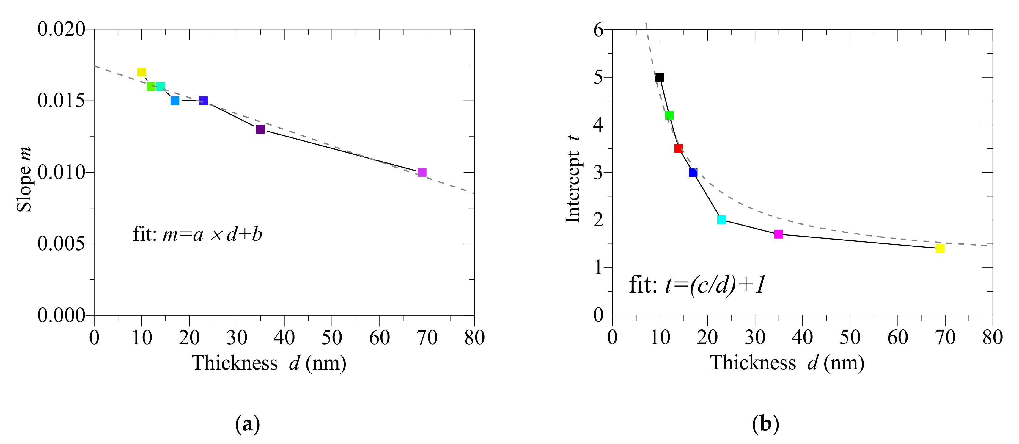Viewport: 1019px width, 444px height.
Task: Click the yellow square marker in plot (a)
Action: pyautogui.click(x=141, y=72)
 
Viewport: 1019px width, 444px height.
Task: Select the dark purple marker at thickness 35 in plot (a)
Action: pyautogui.click(x=260, y=129)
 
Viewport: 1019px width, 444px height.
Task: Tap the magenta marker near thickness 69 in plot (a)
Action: pyautogui.click(x=422, y=172)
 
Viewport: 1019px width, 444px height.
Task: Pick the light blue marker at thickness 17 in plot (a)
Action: pyautogui.click(x=175, y=101)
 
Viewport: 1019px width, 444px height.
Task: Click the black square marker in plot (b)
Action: pyautogui.click(x=659, y=77)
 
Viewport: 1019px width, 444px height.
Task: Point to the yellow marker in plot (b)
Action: pyautogui.click(x=940, y=248)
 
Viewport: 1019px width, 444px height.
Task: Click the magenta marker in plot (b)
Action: pyautogui.click(x=779, y=234)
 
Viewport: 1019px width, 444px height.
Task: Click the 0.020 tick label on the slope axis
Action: pyautogui.click(x=61, y=29)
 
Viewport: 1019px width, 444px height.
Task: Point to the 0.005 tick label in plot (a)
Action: pyautogui.click(x=61, y=244)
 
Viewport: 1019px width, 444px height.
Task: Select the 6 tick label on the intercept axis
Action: pyautogui.click(x=598, y=30)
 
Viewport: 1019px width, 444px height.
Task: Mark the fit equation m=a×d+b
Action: pyautogui.click(x=197, y=234)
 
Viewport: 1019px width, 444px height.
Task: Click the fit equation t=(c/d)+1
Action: pyautogui.click(x=697, y=284)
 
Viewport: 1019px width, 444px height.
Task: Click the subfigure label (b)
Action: pyautogui.click(x=765, y=424)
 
